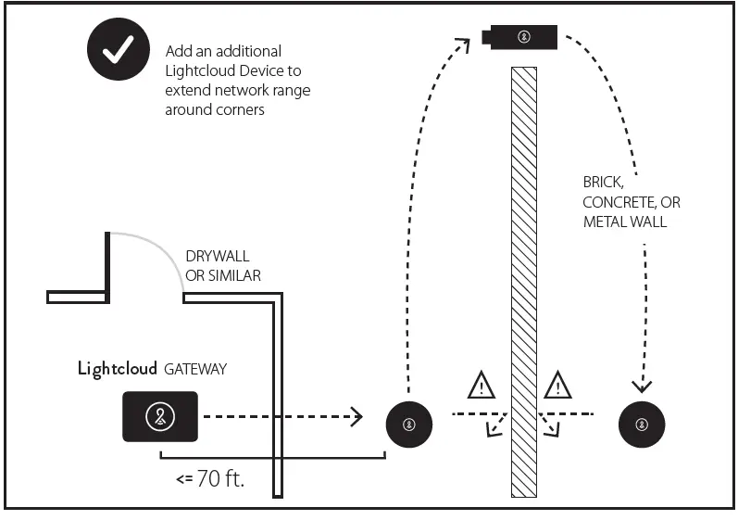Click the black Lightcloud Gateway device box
(159, 416)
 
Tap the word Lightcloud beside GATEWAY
(118, 369)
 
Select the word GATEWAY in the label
(195, 369)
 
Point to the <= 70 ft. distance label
(210, 480)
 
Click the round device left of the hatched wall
(409, 425)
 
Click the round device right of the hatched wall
(641, 425)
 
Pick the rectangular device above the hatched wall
(521, 37)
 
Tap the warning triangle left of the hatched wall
(481, 384)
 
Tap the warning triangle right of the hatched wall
(557, 384)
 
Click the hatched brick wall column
(524, 278)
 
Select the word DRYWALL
(218, 256)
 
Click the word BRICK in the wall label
(602, 183)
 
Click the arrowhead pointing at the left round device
(356, 416)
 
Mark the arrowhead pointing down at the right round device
(641, 385)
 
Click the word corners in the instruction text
(193, 109)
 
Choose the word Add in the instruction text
(177, 51)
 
